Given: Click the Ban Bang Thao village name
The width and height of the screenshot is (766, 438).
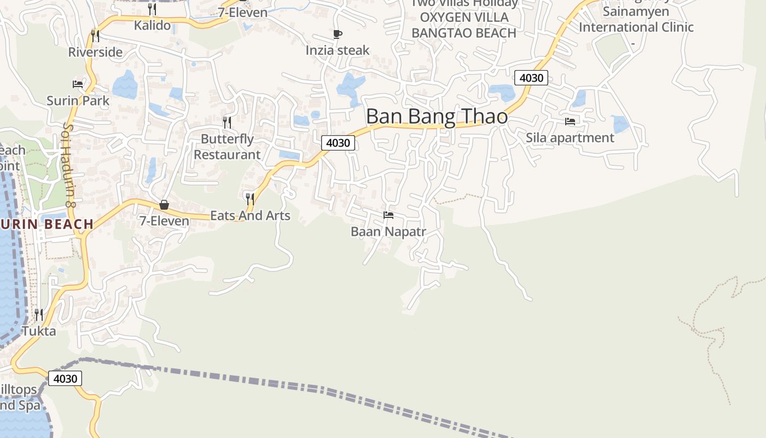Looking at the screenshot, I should (x=437, y=117).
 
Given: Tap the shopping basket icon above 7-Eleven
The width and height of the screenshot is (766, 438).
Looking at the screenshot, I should (x=164, y=205).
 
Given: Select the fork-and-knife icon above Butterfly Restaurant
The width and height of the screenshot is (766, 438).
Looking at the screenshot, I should (x=227, y=122).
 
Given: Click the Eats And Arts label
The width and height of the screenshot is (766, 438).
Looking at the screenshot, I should (x=250, y=216).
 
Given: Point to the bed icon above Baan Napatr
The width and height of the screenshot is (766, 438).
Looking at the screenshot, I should (x=388, y=215).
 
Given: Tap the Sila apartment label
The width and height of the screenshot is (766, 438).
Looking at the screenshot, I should (x=570, y=137).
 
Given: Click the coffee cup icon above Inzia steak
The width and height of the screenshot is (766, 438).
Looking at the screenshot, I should (x=338, y=34).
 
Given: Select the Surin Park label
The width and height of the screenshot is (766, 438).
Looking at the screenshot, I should (x=78, y=101).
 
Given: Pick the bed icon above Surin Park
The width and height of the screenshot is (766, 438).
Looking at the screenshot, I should (x=78, y=84).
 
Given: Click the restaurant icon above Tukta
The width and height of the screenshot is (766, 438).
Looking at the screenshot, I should (x=39, y=314).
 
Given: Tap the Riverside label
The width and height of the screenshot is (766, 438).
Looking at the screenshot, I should (x=95, y=52).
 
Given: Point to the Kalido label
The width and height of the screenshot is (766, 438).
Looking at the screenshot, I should (x=152, y=25).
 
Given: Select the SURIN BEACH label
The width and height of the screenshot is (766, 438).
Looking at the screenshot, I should (x=47, y=224).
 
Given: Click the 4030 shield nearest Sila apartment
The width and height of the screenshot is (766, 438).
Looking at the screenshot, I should (x=531, y=78).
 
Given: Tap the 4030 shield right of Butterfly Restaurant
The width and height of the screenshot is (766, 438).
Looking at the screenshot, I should (x=338, y=143).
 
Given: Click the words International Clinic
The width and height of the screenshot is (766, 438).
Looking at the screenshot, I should (x=636, y=27).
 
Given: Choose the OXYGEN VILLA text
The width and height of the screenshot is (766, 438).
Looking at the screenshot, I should (x=464, y=17).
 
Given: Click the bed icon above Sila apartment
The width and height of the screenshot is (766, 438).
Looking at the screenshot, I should (x=570, y=121).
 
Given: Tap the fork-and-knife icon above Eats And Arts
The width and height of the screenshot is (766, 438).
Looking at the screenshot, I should (x=250, y=199).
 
